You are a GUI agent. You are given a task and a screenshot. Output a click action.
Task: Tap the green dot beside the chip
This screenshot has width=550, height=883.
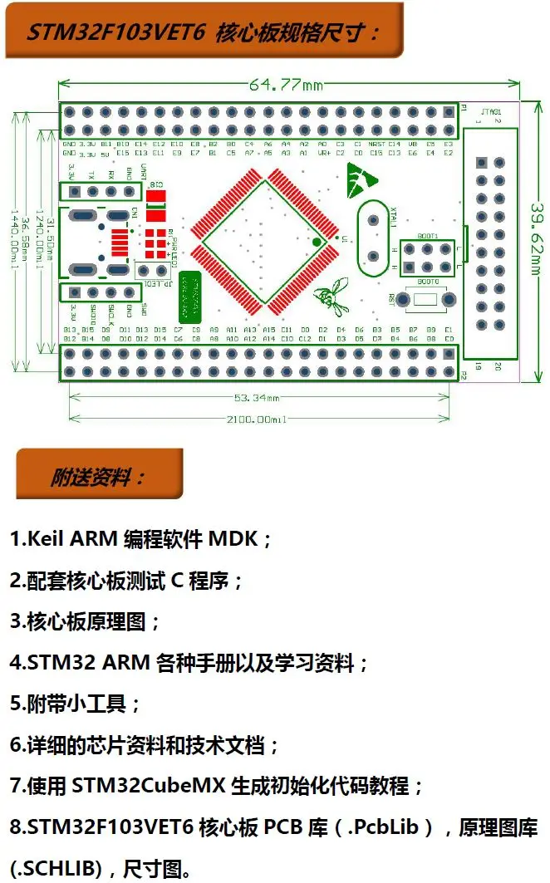point(317,242)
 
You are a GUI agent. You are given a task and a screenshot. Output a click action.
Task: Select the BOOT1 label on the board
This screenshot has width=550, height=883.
point(427,236)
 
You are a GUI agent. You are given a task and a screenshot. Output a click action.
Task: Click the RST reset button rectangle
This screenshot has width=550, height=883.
point(426,299)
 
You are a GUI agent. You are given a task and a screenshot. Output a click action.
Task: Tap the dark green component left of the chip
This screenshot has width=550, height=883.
point(190,295)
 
